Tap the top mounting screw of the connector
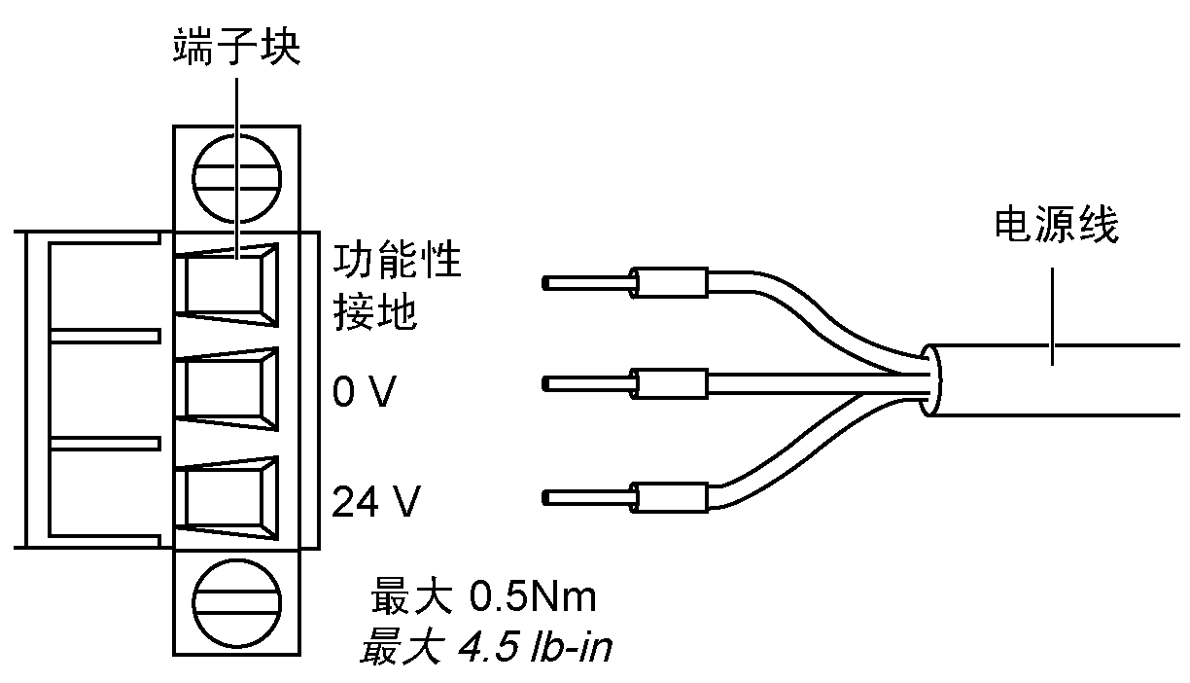click(x=236, y=179)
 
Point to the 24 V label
click(x=376, y=502)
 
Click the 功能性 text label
click(x=397, y=263)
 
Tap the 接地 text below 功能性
click(x=375, y=312)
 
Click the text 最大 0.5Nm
click(x=482, y=596)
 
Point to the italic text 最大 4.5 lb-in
click(x=484, y=646)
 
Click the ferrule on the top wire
click(x=669, y=283)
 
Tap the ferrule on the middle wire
click(x=669, y=384)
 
